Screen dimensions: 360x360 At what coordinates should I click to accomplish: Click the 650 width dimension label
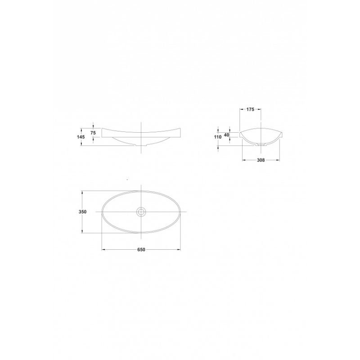141,250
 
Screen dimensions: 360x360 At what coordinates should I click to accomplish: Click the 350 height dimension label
83,211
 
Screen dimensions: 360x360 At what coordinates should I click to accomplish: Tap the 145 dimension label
81,137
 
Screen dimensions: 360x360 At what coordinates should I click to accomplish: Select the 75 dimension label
93,133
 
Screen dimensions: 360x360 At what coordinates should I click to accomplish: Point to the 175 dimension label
250,109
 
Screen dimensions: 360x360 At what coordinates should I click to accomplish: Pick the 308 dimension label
261,160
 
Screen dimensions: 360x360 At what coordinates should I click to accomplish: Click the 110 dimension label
218,137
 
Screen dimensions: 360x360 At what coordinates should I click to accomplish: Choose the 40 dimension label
227,135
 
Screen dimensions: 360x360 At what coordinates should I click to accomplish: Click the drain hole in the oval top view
141,211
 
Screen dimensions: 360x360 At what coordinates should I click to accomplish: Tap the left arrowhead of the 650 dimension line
103,250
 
